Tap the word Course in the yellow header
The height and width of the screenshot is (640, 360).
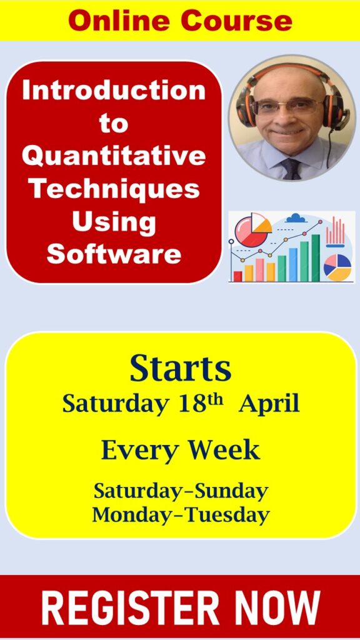pyautogui.click(x=237, y=21)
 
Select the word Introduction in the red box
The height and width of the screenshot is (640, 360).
pyautogui.click(x=114, y=90)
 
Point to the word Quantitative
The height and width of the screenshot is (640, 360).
pyautogui.click(x=114, y=156)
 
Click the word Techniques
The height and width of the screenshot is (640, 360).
pyautogui.click(x=116, y=189)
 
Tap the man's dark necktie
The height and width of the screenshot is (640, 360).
pyautogui.click(x=291, y=169)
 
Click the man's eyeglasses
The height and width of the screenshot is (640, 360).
pyautogui.click(x=287, y=107)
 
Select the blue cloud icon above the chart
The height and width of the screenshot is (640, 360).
pyautogui.click(x=296, y=218)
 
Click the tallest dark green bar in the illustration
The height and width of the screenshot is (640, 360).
pyautogui.click(x=316, y=258)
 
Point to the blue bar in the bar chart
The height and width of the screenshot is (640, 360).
pyautogui.click(x=293, y=264)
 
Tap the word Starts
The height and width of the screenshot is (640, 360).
pyautogui.click(x=181, y=369)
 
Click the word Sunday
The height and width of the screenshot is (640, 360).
pyautogui.click(x=231, y=492)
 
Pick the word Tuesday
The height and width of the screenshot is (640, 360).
pyautogui.click(x=227, y=516)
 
